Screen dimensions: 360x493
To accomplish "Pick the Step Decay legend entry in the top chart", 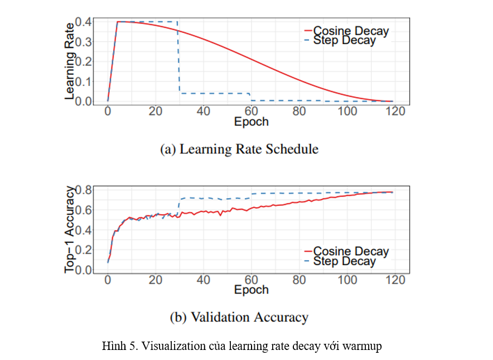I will tap(344, 40).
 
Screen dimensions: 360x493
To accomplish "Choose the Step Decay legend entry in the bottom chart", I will tap(344, 261).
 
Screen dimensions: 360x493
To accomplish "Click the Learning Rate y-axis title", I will tap(70, 61).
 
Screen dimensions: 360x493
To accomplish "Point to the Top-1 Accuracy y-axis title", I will tap(70, 230).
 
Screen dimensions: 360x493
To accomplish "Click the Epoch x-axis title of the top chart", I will tap(251, 122).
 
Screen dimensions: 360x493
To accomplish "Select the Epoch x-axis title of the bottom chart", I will tap(251, 290).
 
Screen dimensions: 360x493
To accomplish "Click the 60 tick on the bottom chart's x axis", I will tap(252, 279).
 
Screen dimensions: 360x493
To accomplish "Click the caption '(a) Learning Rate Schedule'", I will tap(239, 149).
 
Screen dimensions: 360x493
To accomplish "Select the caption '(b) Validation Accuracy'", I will tap(239, 318).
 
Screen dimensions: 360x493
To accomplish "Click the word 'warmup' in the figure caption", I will tap(363, 347).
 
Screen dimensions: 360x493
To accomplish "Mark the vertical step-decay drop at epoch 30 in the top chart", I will tap(178, 56).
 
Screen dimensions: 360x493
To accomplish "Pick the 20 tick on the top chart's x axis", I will tap(156, 111).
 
